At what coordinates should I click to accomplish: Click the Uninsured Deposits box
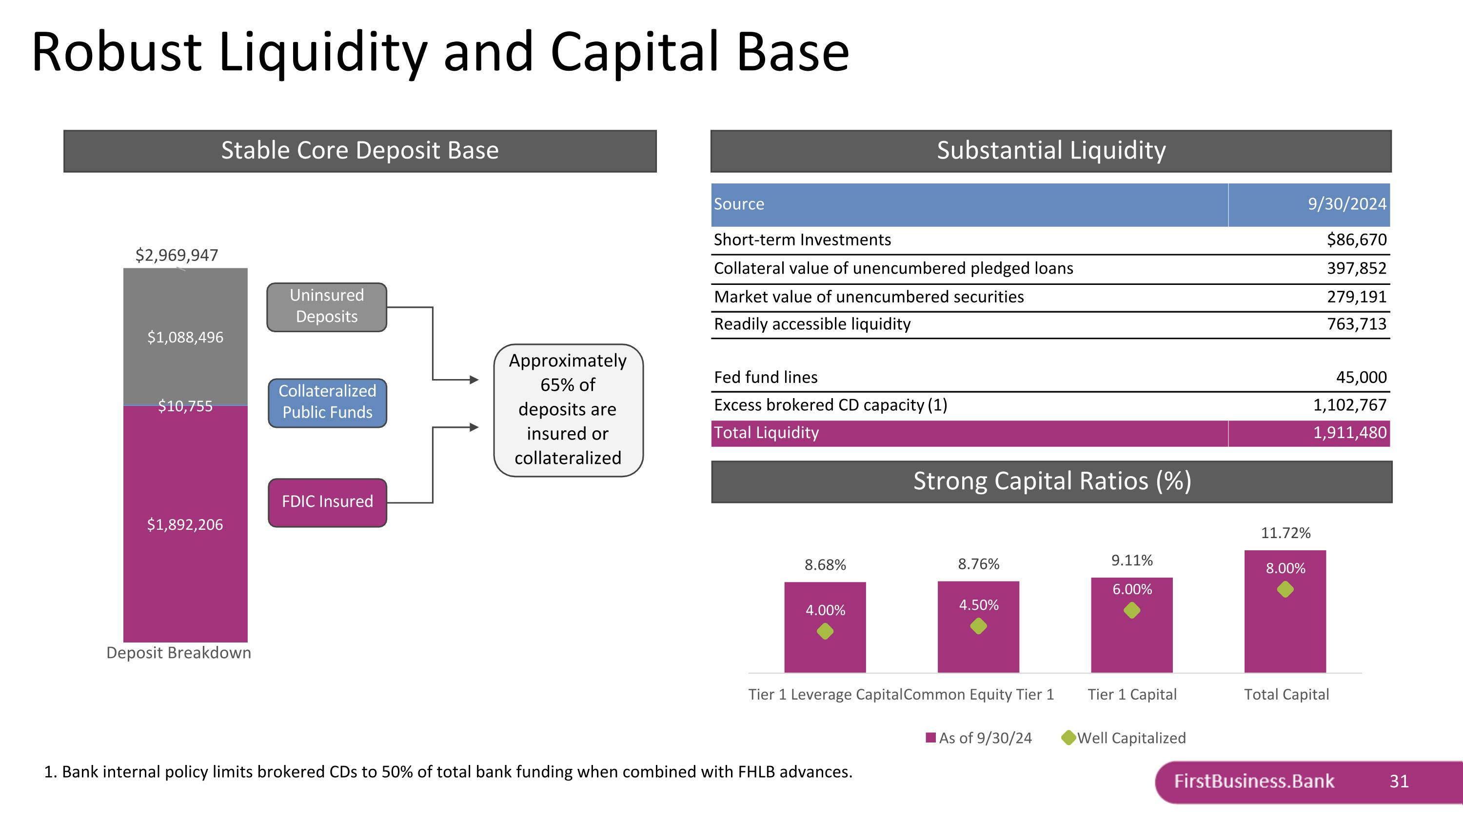click(327, 307)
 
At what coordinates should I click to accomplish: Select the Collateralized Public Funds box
click(327, 402)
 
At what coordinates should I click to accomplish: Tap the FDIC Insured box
click(327, 502)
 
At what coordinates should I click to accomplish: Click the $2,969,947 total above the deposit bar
click(177, 255)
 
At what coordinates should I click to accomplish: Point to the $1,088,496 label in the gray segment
click(185, 338)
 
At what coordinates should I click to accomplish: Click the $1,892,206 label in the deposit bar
click(185, 524)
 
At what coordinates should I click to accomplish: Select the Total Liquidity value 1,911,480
click(1349, 433)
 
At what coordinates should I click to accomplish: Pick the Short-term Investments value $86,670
click(1356, 240)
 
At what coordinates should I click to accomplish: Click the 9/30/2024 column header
click(1346, 204)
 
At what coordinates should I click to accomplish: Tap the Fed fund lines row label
click(766, 377)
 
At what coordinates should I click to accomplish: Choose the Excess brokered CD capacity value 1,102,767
click(1349, 405)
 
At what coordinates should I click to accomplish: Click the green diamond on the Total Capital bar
click(1285, 589)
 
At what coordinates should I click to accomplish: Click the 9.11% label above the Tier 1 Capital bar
click(1132, 561)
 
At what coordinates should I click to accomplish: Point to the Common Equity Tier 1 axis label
click(979, 694)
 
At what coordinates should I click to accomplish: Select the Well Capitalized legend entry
click(1124, 738)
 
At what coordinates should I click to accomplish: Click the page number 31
click(1399, 782)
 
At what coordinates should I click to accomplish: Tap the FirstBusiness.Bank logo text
click(1254, 782)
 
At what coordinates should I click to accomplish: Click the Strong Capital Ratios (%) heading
click(1052, 481)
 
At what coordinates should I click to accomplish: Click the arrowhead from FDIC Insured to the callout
click(474, 427)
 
